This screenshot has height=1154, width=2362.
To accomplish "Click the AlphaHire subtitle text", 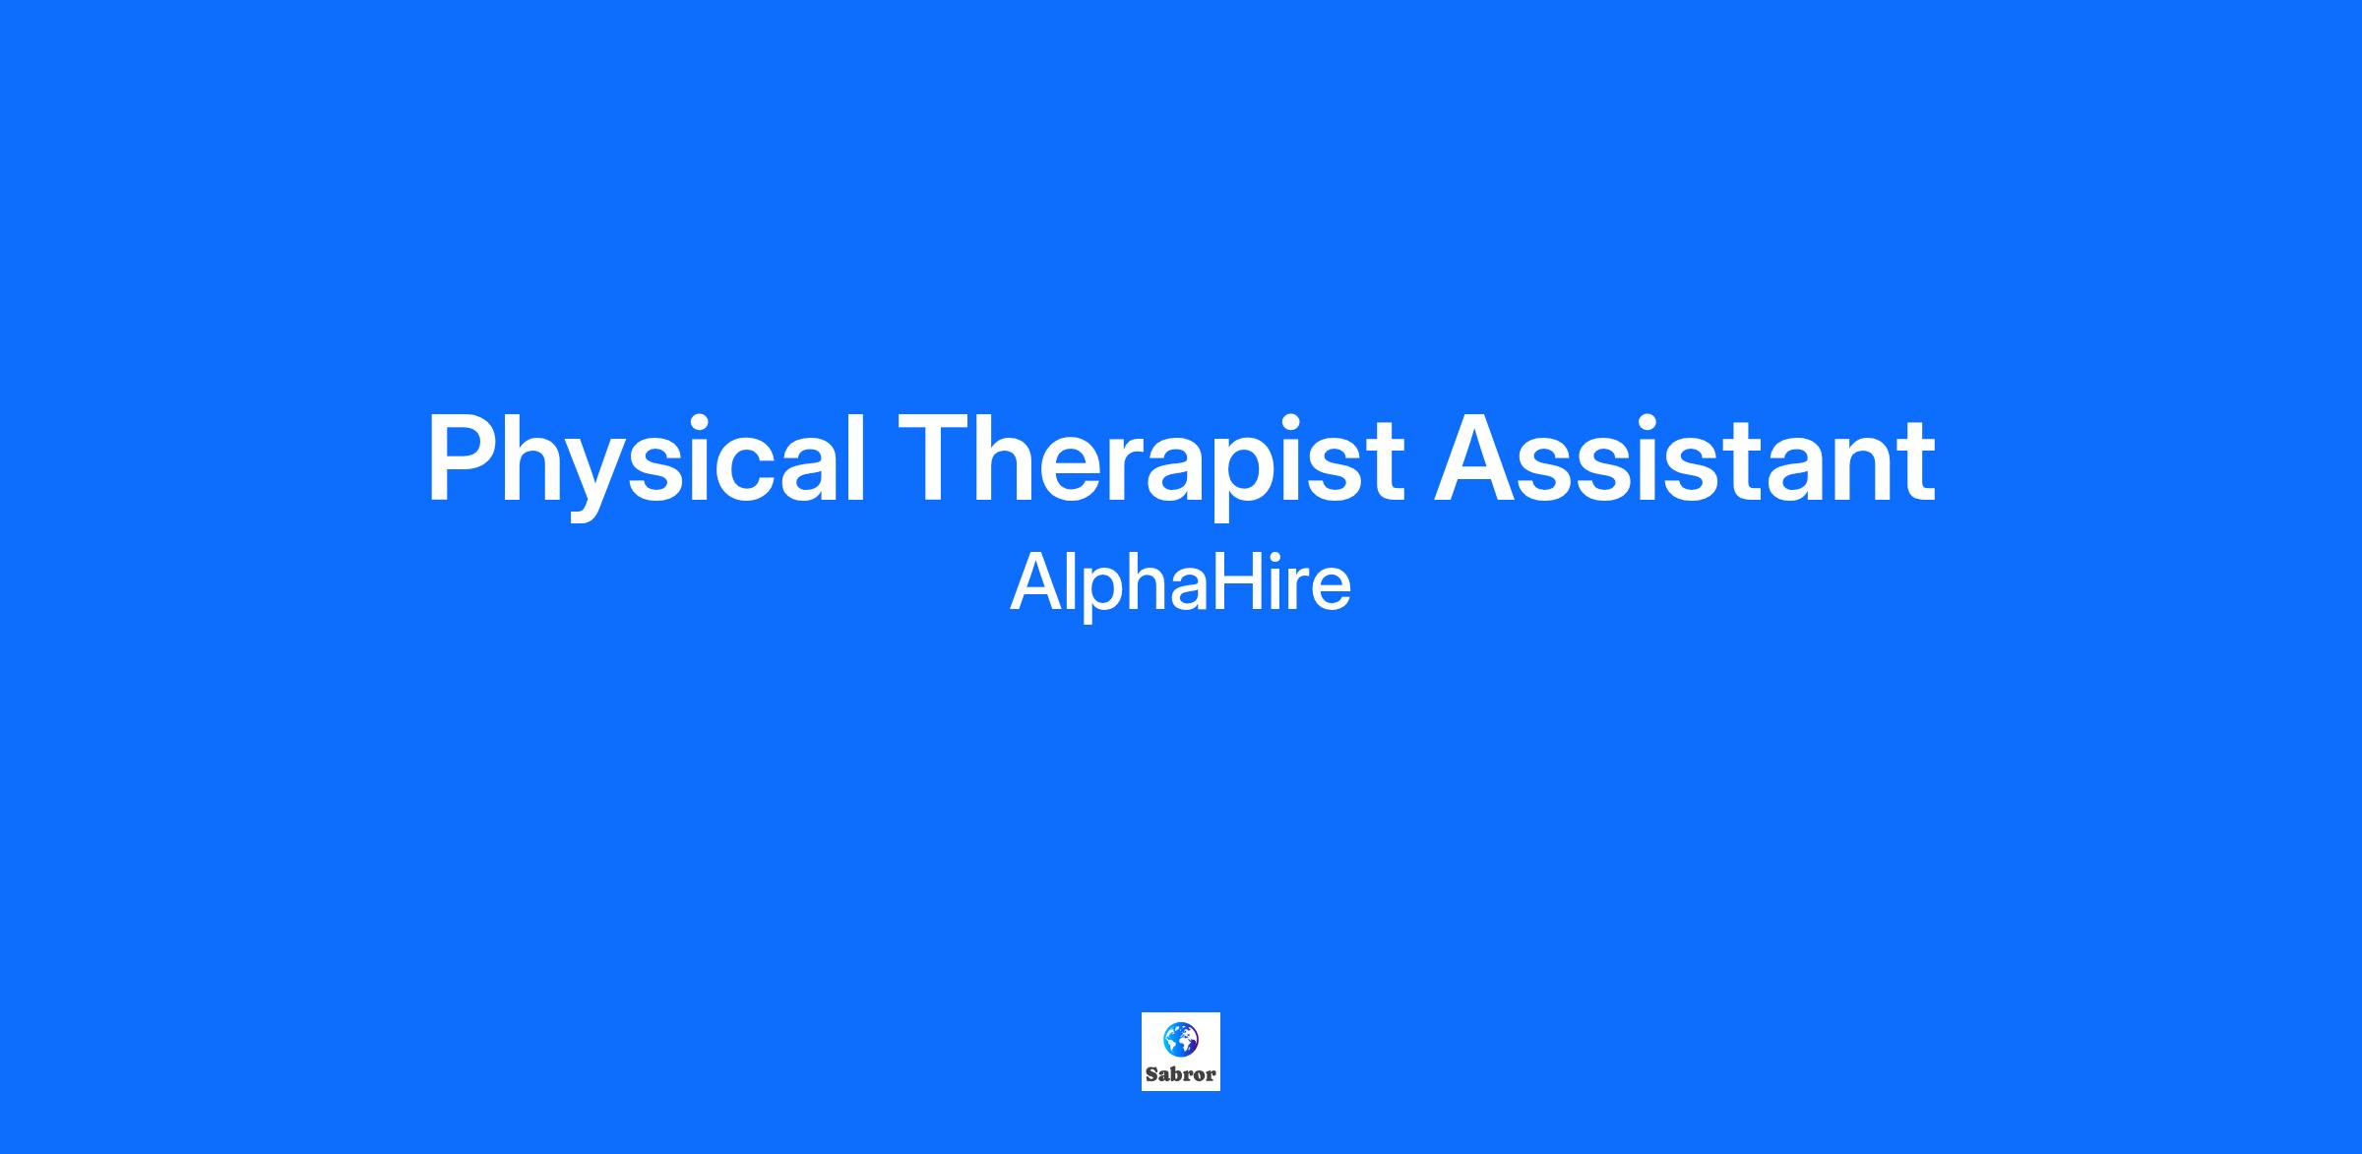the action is (x=1181, y=584).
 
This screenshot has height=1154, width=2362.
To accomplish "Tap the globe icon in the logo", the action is (x=1181, y=1039).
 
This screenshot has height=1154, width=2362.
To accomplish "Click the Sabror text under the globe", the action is (x=1181, y=1075).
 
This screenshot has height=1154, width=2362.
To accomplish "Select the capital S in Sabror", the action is (x=1152, y=1074).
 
